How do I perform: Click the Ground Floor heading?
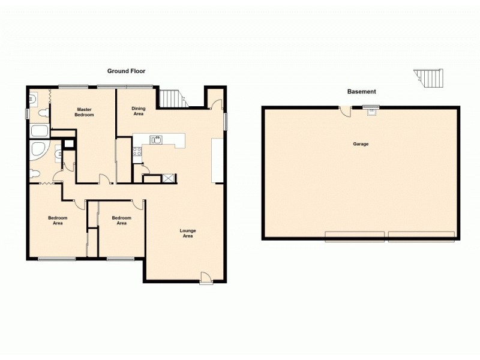pyautogui.click(x=126, y=71)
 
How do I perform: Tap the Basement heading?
pyautogui.click(x=361, y=92)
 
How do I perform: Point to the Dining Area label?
pyautogui.click(x=138, y=110)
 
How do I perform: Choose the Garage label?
pyautogui.click(x=361, y=144)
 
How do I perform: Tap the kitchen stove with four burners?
pyautogui.click(x=137, y=151)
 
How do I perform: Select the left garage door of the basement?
pyautogui.click(x=355, y=236)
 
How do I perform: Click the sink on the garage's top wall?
pyautogui.click(x=371, y=110)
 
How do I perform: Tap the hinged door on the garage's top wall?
pyautogui.click(x=345, y=111)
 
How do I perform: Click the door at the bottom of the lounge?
pyautogui.click(x=206, y=277)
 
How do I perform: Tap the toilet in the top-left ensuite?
pyautogui.click(x=42, y=112)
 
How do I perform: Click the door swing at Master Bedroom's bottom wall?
pyautogui.click(x=105, y=179)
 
